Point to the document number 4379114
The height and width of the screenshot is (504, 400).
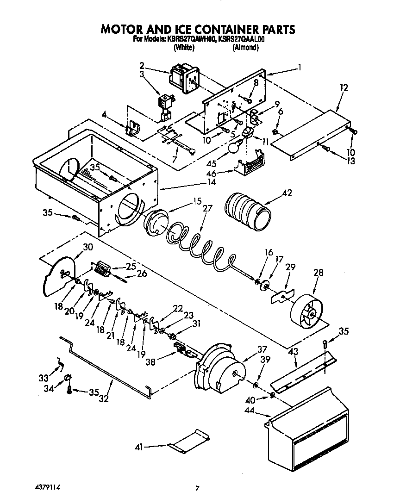coord(48,488)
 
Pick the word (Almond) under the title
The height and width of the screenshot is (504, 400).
coord(245,47)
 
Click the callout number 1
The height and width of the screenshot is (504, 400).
coord(300,67)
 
